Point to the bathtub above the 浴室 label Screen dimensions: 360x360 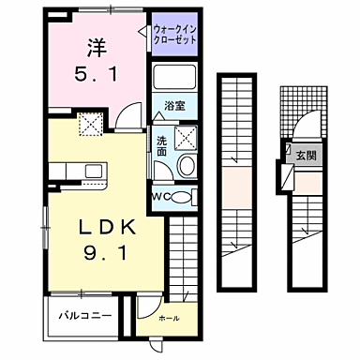172,80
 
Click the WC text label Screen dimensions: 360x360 160,197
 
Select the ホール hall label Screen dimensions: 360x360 169,319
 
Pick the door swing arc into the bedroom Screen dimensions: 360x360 134,112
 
